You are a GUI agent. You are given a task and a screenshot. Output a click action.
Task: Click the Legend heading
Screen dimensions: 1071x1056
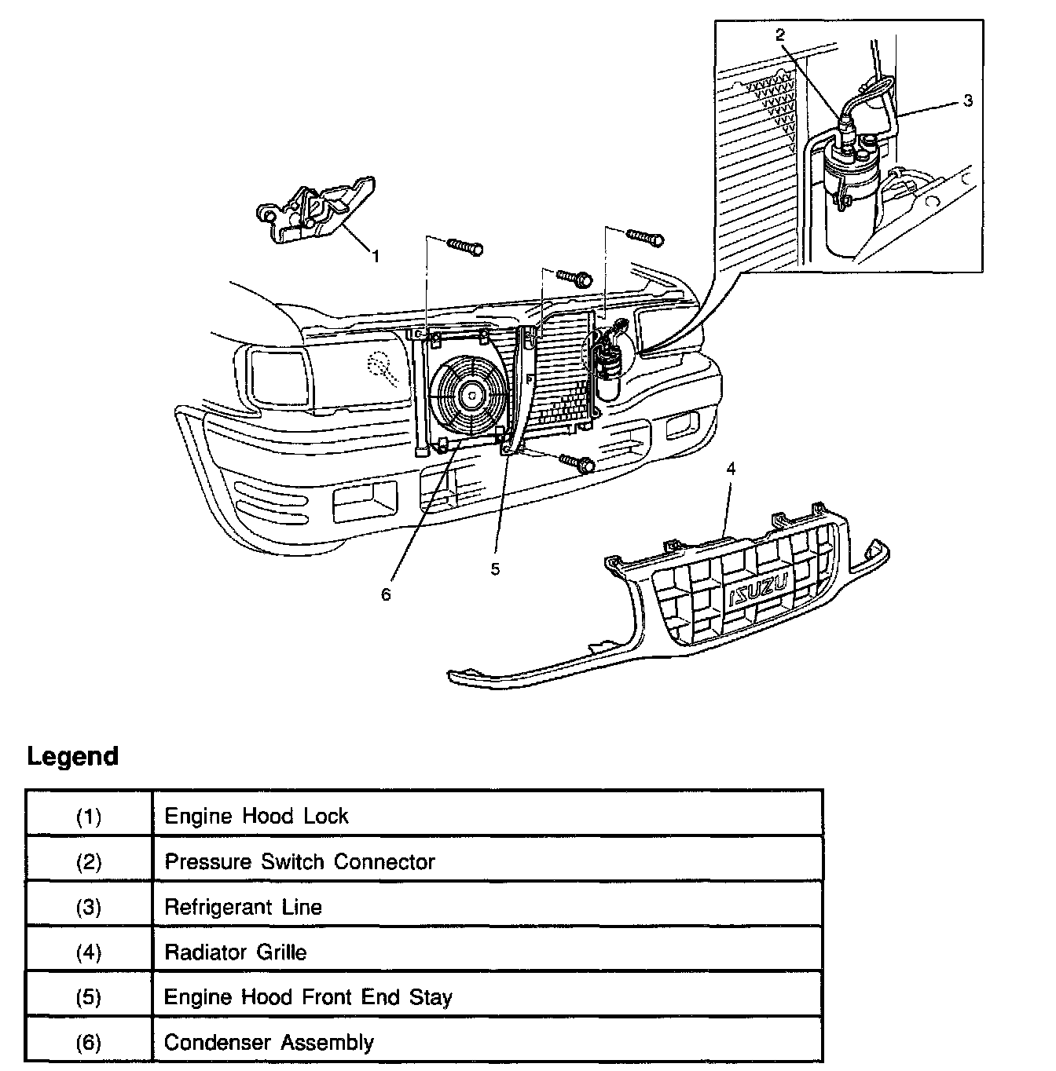coord(72,757)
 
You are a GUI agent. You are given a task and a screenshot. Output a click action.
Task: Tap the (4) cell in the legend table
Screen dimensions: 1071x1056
coord(89,953)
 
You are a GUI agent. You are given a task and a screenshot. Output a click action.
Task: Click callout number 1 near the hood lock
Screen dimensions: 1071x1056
coord(376,257)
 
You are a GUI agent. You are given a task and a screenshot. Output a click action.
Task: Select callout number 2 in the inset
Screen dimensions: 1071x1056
coord(779,35)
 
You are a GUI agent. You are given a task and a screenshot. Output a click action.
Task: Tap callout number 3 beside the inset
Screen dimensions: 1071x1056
coord(968,101)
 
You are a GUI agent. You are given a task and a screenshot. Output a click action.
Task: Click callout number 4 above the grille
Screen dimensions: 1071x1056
coord(731,469)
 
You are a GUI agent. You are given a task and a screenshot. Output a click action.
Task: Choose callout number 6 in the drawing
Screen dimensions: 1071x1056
coord(386,595)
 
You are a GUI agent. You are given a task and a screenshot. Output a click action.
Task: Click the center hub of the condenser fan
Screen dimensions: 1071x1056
coord(471,397)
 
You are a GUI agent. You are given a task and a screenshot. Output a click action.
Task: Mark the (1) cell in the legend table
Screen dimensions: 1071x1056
coord(89,817)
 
